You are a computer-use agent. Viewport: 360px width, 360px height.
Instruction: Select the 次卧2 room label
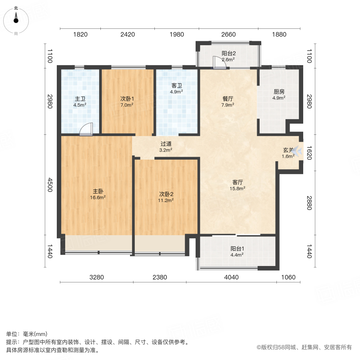[x=166, y=194]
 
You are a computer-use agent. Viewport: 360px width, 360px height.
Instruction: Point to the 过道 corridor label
[x=166, y=144]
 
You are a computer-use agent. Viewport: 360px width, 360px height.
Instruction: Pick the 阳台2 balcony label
[x=229, y=53]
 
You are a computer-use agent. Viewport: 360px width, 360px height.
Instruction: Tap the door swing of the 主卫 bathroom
[x=86, y=130]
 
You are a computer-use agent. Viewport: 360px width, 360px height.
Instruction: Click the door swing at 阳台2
[x=218, y=62]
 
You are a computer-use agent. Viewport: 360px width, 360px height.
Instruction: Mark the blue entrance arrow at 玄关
[x=296, y=151]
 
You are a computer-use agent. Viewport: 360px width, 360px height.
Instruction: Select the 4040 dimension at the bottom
[x=231, y=277]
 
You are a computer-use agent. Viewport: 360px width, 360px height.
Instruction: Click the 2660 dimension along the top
[x=228, y=34]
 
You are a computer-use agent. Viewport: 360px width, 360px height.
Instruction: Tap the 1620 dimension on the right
[x=308, y=152]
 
